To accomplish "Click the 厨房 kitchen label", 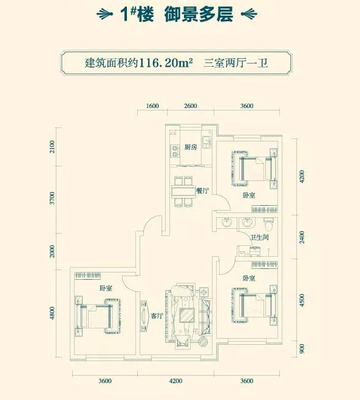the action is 191,147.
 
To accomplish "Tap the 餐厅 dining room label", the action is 203,191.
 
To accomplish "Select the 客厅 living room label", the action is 157,316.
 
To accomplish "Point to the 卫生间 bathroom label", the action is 259,237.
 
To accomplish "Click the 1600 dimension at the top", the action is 152,106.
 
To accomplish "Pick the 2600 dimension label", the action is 191,106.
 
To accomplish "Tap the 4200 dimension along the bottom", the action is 175,381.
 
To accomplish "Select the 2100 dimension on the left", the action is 52,147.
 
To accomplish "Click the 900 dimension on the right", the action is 302,349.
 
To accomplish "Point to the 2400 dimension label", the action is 302,237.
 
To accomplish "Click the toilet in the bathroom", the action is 268,224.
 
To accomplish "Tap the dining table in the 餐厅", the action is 182,191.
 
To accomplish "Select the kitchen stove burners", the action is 174,151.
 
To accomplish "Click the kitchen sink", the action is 206,142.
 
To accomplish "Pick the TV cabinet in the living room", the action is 144,316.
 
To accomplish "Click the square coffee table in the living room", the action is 187,315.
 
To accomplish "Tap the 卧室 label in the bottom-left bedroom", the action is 106,288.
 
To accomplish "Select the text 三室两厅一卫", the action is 236,63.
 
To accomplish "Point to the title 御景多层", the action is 199,15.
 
